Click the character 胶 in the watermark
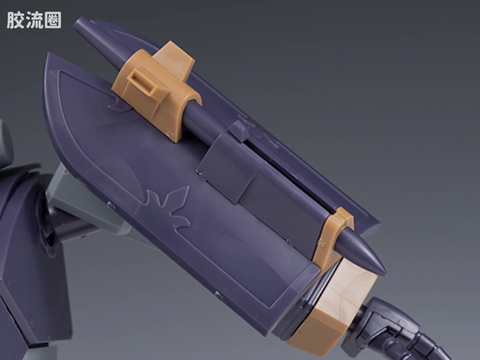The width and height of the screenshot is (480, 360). [x=15, y=20]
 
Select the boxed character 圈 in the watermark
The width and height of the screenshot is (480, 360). [x=53, y=20]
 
